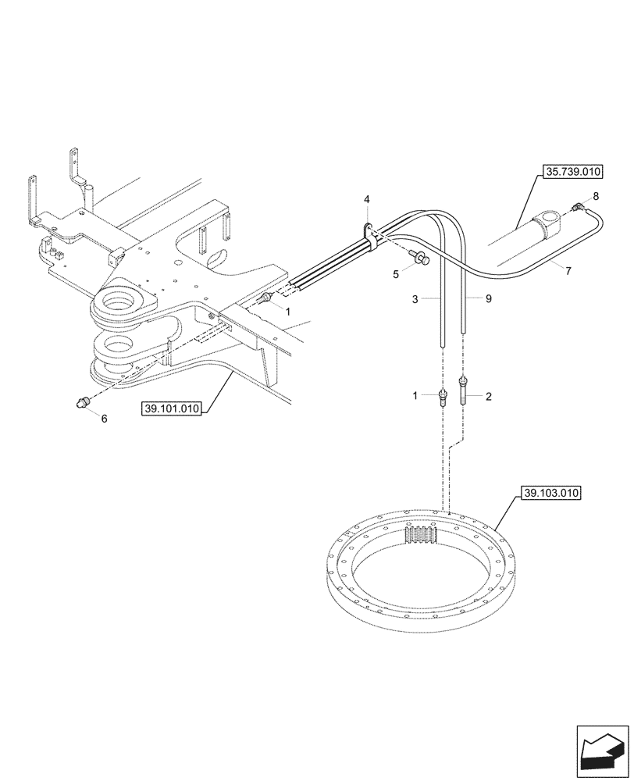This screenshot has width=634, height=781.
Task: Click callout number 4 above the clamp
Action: click(x=366, y=201)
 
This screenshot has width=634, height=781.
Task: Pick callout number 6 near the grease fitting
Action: click(x=104, y=418)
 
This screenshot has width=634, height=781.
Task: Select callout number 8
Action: click(x=596, y=196)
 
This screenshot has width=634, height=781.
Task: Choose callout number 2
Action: click(x=489, y=397)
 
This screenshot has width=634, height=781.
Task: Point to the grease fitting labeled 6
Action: click(x=80, y=401)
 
